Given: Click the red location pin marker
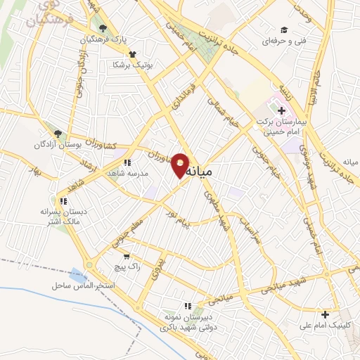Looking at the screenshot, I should [181, 166].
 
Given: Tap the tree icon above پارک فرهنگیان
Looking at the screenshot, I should [103, 28].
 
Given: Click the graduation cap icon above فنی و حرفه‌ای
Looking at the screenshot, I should [283, 30].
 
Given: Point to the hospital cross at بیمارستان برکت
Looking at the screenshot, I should [281, 110].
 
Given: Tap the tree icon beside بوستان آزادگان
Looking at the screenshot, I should [58, 133].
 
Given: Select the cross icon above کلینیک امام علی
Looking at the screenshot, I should [325, 314].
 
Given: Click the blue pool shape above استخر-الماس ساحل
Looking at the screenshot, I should [76, 274].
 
